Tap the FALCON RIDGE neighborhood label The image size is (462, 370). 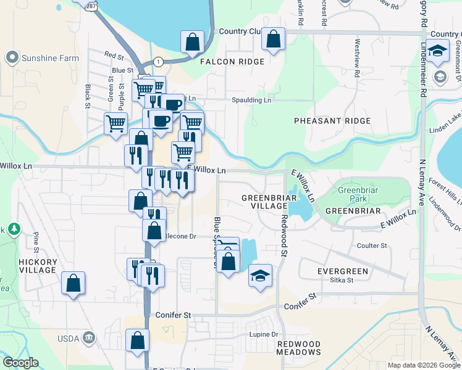(232, 62)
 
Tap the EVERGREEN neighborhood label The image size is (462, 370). (342, 271)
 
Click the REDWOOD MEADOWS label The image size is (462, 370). (298, 348)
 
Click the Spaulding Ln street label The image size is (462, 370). (251, 100)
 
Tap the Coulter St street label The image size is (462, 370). (372, 245)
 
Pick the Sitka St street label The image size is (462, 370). (341, 280)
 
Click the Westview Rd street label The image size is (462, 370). (357, 57)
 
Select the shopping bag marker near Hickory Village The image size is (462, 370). (73, 284)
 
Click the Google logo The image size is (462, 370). (20, 363)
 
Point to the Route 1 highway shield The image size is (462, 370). (159, 62)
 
